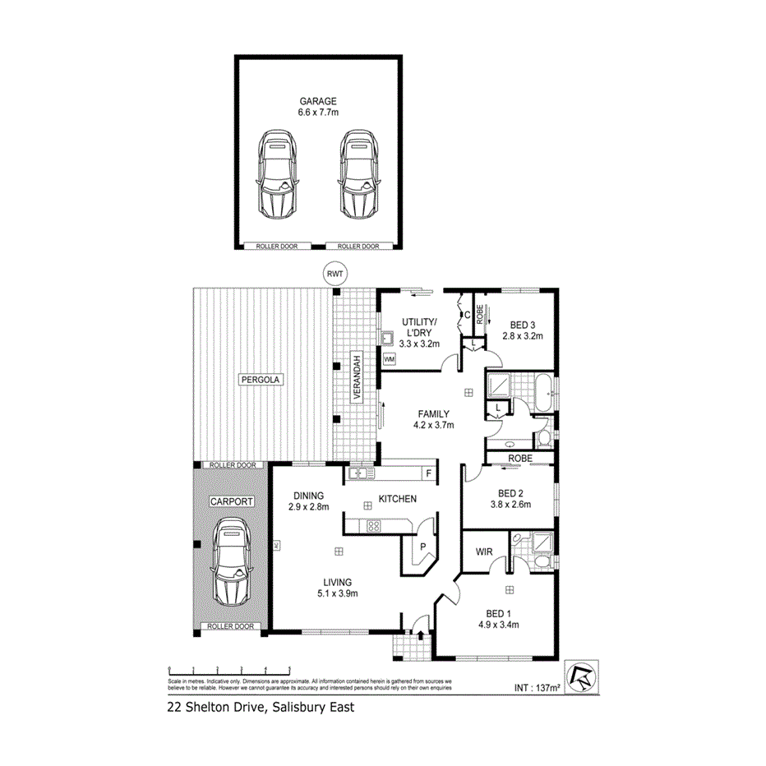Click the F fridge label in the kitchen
428,473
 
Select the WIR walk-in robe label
484,552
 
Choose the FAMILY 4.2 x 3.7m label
434,419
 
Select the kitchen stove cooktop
372,527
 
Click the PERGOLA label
261,380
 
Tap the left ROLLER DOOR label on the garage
278,246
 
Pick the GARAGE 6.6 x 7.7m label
317,107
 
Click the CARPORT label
230,501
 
